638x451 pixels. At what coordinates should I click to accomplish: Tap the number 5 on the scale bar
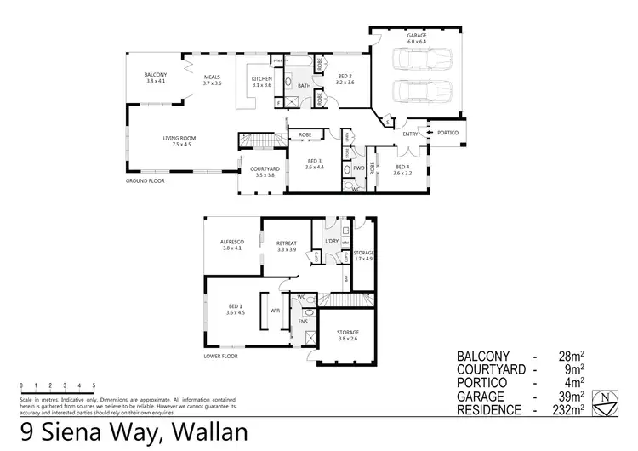point(93,385)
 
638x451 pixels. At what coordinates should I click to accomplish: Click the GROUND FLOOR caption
point(145,181)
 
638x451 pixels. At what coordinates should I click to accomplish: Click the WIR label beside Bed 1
point(275,311)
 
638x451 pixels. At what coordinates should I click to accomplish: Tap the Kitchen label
point(261,81)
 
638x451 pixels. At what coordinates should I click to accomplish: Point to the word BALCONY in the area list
point(488,356)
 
